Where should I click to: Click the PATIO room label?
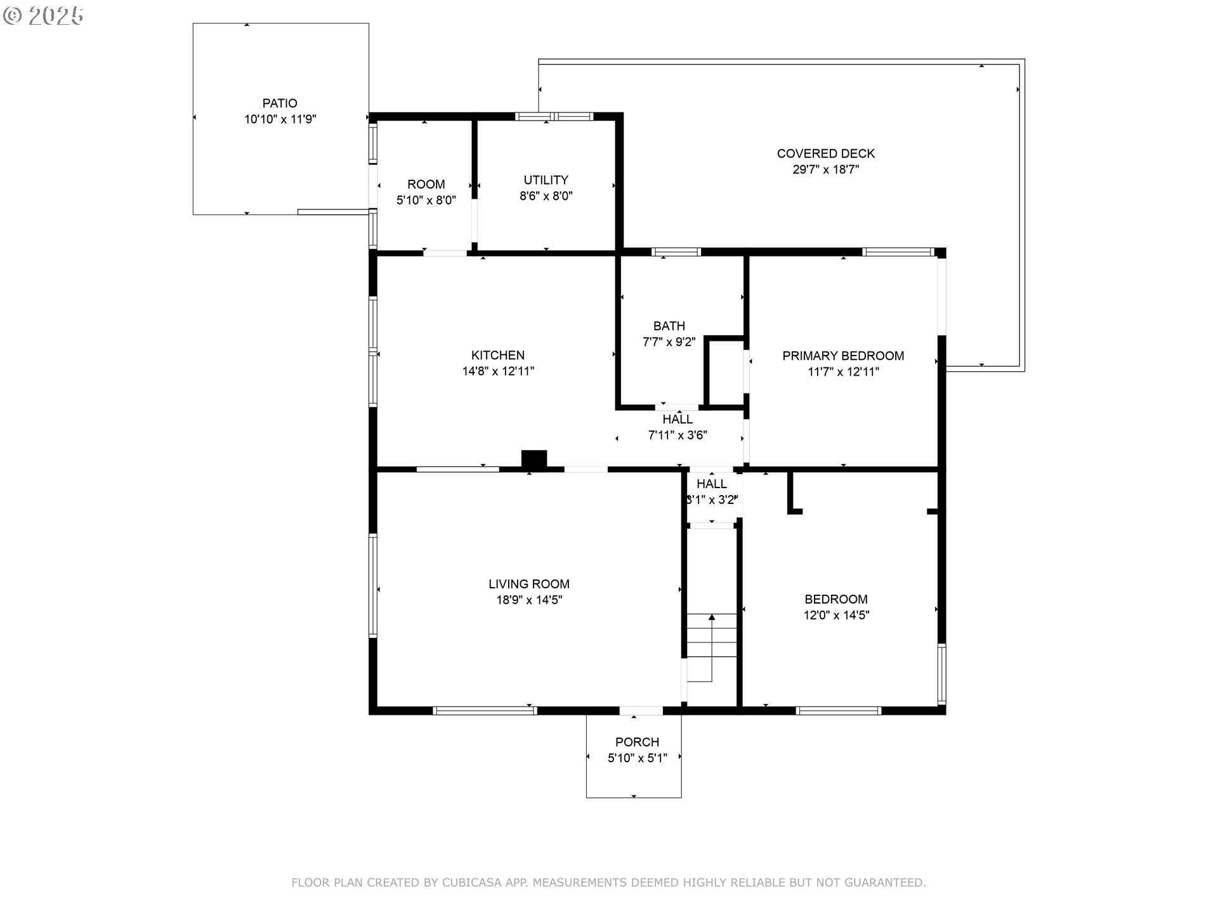280,103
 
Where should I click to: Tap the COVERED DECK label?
825,154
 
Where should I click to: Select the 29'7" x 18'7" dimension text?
825,169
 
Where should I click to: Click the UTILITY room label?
546,180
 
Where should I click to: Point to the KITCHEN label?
498,355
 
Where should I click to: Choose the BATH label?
669,326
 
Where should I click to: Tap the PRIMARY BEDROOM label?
843,356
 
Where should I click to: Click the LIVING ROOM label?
529,584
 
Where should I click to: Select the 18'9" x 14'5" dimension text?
529,600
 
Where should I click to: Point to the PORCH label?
637,742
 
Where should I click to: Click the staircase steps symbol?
712,647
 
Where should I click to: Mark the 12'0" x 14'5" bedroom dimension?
836,615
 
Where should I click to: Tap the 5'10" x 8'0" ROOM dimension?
426,201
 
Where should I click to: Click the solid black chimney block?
534,460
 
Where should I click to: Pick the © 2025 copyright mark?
43,16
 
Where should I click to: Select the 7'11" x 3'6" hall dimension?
678,435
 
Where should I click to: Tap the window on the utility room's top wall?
554,116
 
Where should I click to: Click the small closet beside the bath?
725,373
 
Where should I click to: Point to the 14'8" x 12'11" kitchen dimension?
498,371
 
